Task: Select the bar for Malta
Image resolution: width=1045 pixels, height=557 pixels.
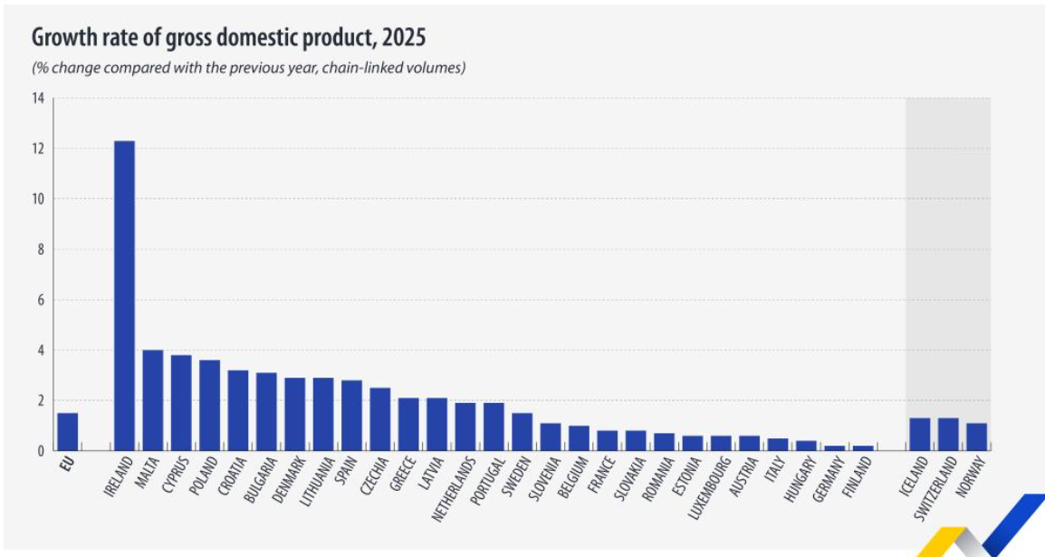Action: tap(153, 399)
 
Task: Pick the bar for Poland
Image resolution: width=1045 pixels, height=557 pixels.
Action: tap(210, 405)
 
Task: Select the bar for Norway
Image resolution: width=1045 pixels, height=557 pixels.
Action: tap(976, 437)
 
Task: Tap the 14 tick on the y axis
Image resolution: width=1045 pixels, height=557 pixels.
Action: tap(38, 98)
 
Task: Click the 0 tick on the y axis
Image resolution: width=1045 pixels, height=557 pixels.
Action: tap(41, 450)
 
